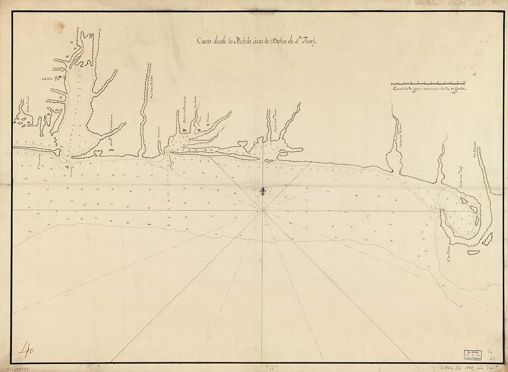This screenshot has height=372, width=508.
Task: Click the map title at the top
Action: [255, 41]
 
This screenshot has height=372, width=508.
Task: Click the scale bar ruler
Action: [428, 84]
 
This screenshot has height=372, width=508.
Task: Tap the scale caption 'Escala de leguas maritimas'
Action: [429, 89]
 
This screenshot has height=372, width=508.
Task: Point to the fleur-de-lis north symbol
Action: [263, 191]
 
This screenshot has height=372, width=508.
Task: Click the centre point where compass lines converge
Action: [263, 210]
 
